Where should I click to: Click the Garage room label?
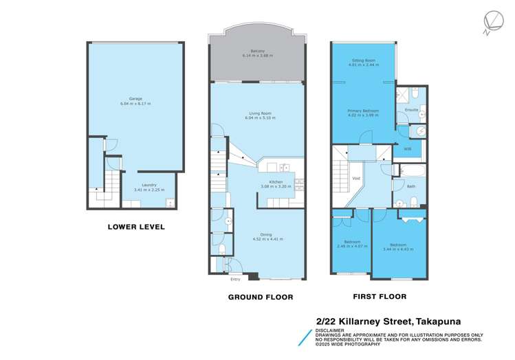(135, 100)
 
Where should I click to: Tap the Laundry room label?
(149, 185)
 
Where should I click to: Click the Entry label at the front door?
(235, 279)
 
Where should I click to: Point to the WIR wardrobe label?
(407, 149)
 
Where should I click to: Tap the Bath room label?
(410, 186)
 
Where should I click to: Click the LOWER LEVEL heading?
(135, 227)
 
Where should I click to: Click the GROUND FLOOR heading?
(261, 297)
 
